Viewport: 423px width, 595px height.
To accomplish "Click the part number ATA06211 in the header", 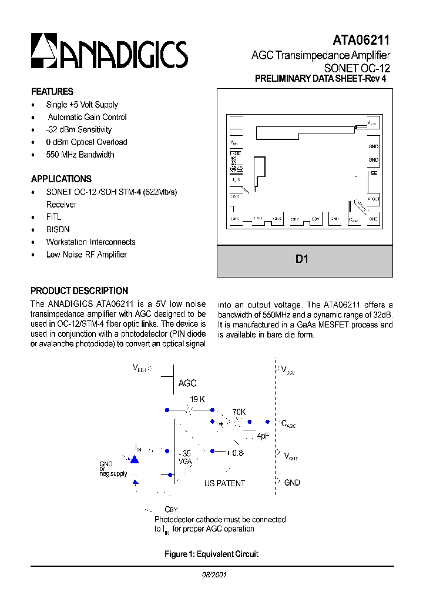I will tap(361, 40).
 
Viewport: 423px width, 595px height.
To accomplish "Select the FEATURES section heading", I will tap(52, 92).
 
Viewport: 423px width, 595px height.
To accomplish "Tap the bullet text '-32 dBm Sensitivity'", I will tap(79, 130).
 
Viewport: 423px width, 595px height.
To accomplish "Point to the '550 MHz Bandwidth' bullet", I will tap(80, 155).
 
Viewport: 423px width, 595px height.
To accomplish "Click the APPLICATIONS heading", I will tap(61, 179).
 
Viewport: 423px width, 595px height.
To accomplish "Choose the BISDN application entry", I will tap(58, 229).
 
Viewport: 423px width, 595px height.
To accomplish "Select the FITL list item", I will tap(54, 217).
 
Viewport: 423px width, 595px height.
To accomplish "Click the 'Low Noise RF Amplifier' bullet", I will tap(86, 255).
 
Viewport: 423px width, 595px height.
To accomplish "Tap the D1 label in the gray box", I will tap(302, 259).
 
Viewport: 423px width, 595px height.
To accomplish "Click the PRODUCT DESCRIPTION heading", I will tap(79, 291).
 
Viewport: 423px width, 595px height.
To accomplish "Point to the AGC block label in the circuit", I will tap(187, 383).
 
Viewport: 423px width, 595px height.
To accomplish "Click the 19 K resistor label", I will tap(197, 399).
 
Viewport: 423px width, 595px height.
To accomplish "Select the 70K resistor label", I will tap(239, 413).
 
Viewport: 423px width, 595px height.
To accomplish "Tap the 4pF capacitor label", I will tap(263, 436).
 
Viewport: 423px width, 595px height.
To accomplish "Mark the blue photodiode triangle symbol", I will tap(135, 460).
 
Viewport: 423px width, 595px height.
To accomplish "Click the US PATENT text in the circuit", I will tap(224, 483).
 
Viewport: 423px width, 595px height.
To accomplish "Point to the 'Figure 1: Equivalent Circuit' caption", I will tap(211, 554).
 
